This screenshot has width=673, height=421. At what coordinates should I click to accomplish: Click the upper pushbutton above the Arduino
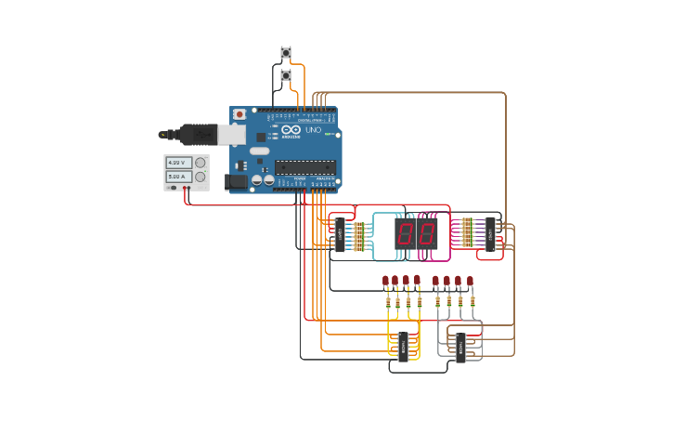(x=286, y=53)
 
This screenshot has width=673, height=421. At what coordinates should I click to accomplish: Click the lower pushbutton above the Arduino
(x=286, y=75)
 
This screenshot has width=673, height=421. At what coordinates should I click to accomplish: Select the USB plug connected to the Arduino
(x=199, y=135)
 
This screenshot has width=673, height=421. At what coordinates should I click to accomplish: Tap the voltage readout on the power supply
(x=178, y=163)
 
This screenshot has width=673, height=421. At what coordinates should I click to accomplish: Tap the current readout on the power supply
(x=178, y=177)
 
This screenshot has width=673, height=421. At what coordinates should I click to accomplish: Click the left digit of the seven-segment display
(x=406, y=233)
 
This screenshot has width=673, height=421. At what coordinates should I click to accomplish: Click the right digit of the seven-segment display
(x=425, y=233)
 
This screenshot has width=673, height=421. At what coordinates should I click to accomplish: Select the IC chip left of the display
(x=340, y=234)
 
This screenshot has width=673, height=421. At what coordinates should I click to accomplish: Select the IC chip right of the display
(x=490, y=233)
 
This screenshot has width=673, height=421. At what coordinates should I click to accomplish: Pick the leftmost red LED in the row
(x=386, y=281)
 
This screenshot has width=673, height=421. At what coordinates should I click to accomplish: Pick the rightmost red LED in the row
(x=470, y=281)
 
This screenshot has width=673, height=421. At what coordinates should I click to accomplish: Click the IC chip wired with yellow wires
(x=403, y=346)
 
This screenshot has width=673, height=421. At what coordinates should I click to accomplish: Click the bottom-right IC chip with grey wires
(x=459, y=347)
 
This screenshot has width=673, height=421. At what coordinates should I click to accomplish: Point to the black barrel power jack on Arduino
(x=237, y=182)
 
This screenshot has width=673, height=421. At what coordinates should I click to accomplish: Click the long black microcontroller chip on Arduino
(x=304, y=167)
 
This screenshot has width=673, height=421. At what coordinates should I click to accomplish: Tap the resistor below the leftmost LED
(x=387, y=301)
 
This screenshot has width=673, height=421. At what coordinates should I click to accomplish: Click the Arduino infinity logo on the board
(x=290, y=130)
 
